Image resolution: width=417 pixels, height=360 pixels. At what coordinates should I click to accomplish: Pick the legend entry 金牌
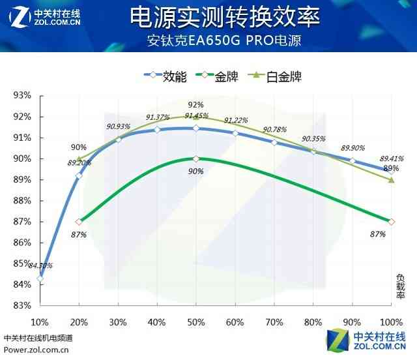(226, 76)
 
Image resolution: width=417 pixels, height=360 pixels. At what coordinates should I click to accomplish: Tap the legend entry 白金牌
(283, 76)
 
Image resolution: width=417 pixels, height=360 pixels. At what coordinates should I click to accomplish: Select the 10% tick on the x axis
(40, 322)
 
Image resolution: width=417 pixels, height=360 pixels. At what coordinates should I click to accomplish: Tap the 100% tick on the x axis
(391, 322)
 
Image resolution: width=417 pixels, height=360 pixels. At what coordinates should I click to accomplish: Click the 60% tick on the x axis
(235, 322)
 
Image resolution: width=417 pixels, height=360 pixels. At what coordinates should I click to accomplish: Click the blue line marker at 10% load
(40, 278)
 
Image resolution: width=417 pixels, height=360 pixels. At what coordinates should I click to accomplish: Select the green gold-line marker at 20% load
(79, 222)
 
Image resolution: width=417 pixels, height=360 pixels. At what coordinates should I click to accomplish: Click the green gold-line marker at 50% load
(196, 158)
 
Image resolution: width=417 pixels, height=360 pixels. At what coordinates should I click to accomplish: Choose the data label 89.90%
(353, 147)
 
